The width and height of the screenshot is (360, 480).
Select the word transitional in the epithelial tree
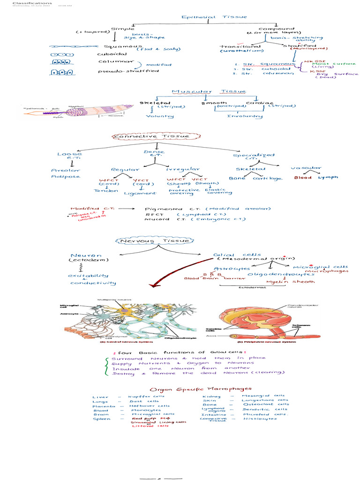[240, 46]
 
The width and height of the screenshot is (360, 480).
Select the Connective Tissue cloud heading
[151, 136]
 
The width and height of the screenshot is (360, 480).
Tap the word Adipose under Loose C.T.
[66, 177]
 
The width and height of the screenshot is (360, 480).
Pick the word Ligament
[140, 193]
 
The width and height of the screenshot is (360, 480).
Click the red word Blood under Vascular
[303, 178]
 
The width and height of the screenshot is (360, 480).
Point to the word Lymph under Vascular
[328, 178]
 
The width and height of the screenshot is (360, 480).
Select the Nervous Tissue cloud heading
[153, 241]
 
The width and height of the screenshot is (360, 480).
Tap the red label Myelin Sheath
[284, 281]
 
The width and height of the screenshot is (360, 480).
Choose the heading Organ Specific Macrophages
[200, 389]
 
